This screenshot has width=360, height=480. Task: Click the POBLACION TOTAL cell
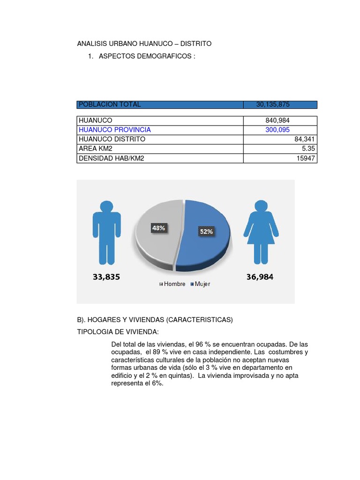(110, 105)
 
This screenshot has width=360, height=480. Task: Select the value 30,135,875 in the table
(276, 105)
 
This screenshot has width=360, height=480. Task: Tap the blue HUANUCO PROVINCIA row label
(115, 130)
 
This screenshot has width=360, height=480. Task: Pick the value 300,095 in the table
(277, 130)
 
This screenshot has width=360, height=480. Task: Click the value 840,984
(277, 120)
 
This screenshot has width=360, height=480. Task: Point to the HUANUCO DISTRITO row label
(112, 139)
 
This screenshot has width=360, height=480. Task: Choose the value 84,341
(305, 139)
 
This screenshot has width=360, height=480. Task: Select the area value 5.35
(309, 149)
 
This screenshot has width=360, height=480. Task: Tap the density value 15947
(307, 158)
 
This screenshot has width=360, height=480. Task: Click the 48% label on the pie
(158, 228)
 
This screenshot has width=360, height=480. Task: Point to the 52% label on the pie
(206, 232)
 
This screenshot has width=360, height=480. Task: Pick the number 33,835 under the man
(106, 277)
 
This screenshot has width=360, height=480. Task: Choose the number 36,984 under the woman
(260, 277)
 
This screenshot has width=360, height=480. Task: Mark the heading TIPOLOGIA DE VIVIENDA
(118, 332)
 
